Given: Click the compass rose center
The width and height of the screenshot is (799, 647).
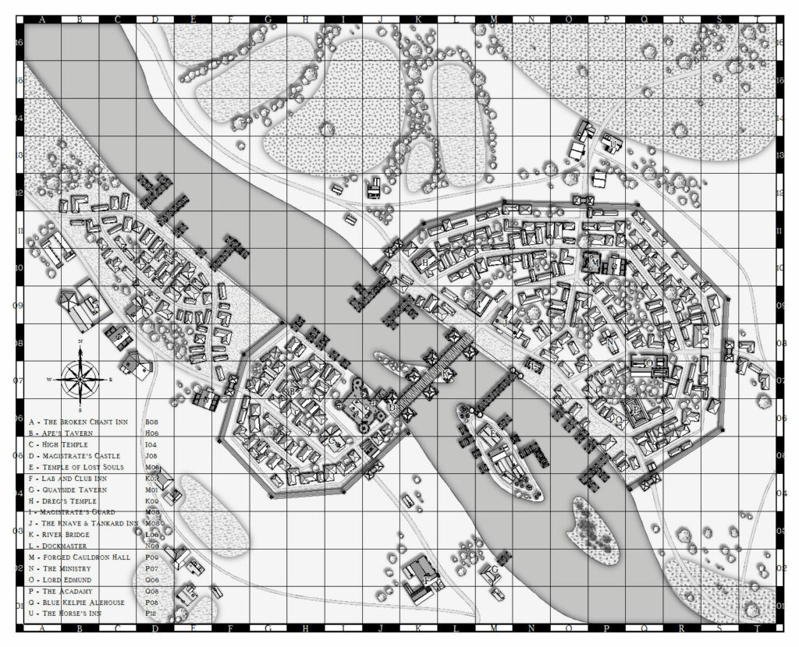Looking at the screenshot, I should [80, 379].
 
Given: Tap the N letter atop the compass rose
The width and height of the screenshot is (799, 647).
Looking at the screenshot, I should [80, 342].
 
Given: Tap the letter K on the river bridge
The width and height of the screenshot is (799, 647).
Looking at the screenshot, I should [447, 373].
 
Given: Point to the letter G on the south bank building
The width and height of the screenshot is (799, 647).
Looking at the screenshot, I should [494, 569].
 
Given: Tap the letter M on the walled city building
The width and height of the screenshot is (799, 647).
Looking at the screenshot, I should [595, 263].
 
